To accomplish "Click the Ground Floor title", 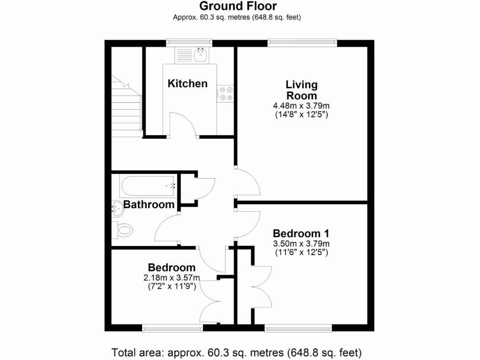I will coord(238,6).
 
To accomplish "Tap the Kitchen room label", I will coord(187,84).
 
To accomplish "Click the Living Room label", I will coord(301,90).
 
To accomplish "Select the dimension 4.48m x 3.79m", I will coord(301,106).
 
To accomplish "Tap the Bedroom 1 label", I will coord(301,233).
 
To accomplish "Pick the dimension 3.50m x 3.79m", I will coord(301,244).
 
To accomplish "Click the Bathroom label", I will coord(149,205).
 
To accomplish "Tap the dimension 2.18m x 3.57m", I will coord(172,278).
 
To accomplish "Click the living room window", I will coord(302,43).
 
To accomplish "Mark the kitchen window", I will coord(189,43).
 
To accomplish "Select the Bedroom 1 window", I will coord(298,328).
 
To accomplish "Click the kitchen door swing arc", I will coord(184,123).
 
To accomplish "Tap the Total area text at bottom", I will coord(237,352).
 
